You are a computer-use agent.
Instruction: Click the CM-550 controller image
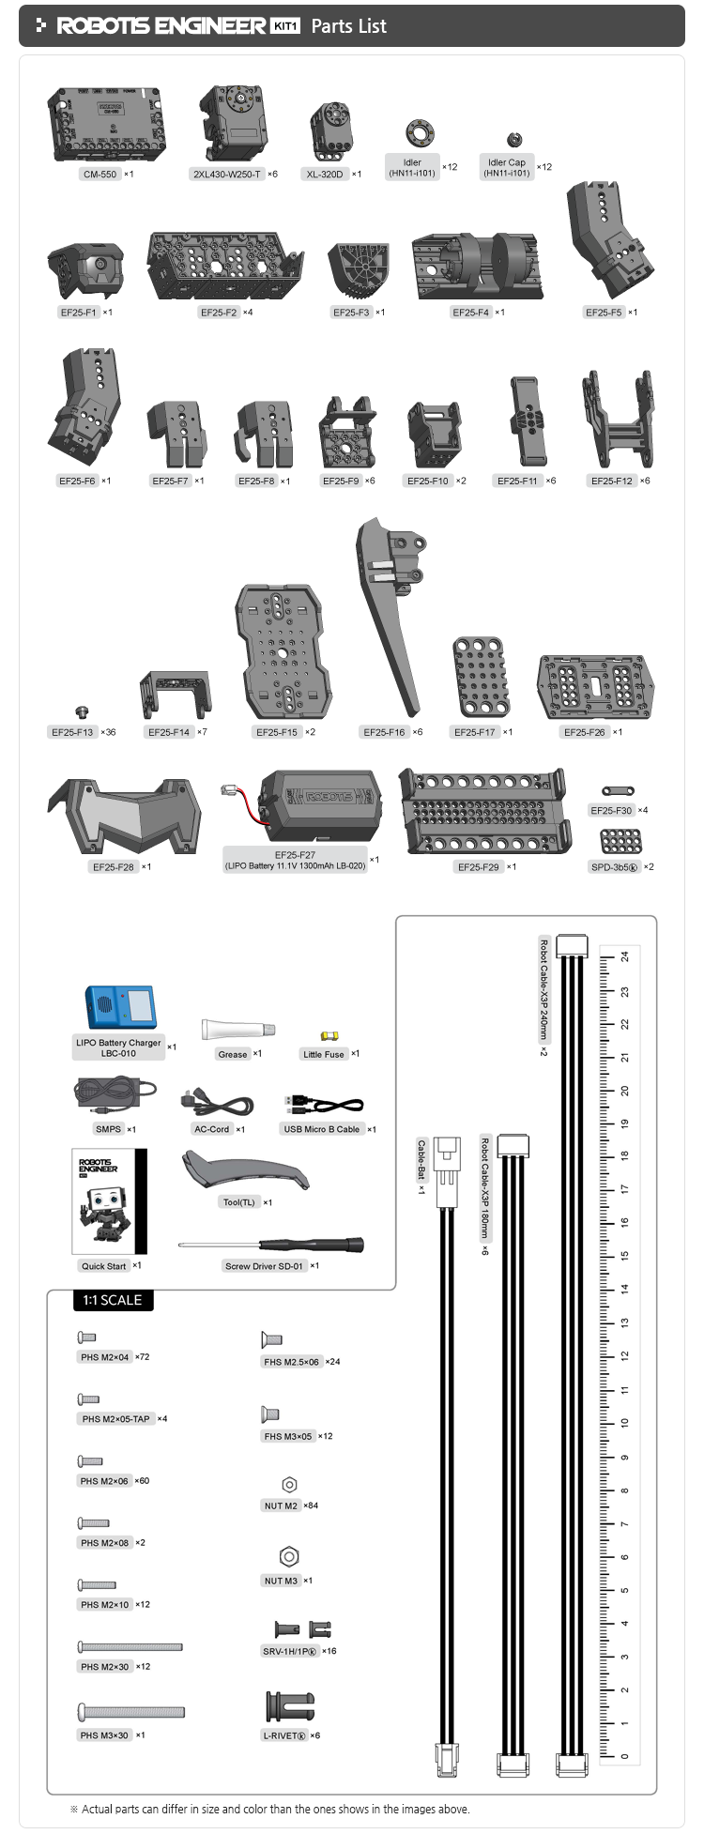(x=108, y=122)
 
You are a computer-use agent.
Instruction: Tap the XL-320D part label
(x=325, y=175)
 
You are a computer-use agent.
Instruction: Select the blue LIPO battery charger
(x=120, y=1007)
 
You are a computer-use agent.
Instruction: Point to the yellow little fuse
(x=329, y=1036)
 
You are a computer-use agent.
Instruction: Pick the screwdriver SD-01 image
(x=272, y=1245)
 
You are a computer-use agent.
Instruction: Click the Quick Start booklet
(x=109, y=1201)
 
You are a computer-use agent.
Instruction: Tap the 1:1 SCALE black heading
(x=113, y=1300)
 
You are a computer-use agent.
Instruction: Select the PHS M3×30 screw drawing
(x=130, y=1711)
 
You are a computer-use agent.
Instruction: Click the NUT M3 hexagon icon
(x=289, y=1556)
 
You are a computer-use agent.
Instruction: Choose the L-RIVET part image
(x=290, y=1705)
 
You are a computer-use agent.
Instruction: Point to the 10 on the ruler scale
(x=625, y=1423)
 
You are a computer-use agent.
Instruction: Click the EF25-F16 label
(x=384, y=732)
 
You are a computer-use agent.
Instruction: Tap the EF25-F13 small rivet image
(x=82, y=712)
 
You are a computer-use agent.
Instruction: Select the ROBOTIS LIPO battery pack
(x=319, y=805)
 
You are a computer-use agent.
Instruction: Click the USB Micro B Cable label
(x=322, y=1129)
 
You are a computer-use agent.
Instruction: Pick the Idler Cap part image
(x=514, y=140)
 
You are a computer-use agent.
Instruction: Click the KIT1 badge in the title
(x=285, y=26)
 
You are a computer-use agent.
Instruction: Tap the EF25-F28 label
(x=113, y=867)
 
